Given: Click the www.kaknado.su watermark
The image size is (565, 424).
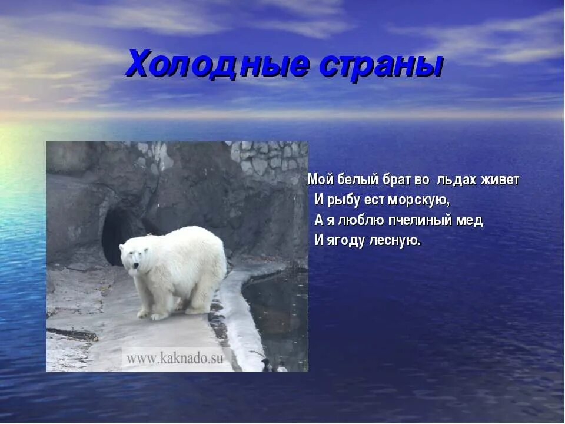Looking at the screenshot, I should click(175, 358).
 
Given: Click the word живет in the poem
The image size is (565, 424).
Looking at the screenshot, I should click(500, 180).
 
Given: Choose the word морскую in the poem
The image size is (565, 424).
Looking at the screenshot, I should click(418, 200).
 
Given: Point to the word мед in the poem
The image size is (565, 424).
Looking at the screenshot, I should click(469, 220).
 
